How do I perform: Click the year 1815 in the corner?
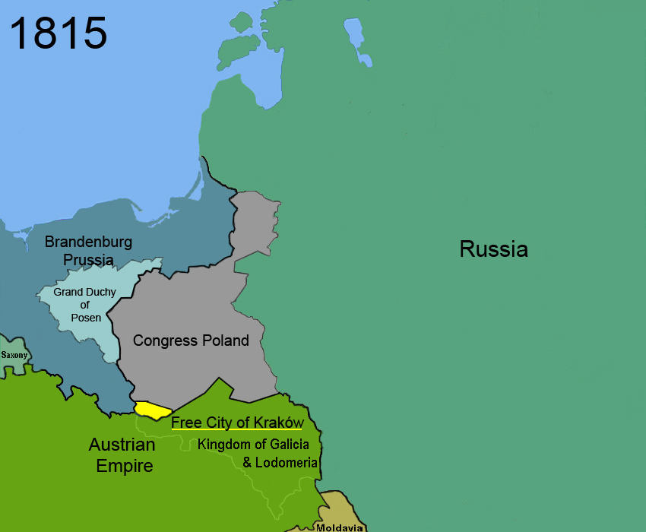click(x=59, y=33)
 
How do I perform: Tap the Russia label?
click(x=493, y=249)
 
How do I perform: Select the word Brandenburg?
click(x=88, y=242)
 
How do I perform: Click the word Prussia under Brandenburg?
click(x=88, y=260)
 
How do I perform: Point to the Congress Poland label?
click(x=191, y=340)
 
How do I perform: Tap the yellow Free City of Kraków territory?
click(x=151, y=410)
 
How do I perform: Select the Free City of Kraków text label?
click(x=237, y=422)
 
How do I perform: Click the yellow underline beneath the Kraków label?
click(x=237, y=430)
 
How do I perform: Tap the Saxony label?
click(x=14, y=355)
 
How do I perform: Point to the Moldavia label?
click(x=339, y=527)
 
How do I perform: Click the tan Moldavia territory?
click(x=340, y=506)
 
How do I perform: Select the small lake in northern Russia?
click(x=353, y=33)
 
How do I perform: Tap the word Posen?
click(x=86, y=318)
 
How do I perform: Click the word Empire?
click(x=124, y=465)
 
